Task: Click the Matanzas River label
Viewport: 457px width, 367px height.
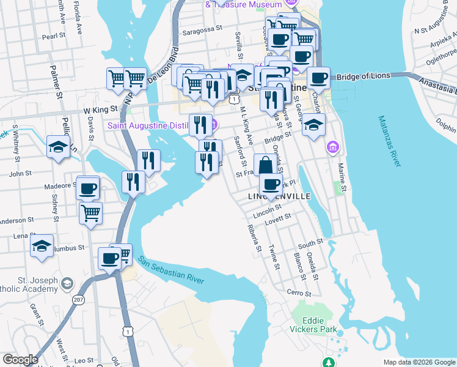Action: [389, 141]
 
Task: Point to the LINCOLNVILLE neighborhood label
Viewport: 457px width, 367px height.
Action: [280, 197]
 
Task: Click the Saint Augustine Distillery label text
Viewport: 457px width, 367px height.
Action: [157, 126]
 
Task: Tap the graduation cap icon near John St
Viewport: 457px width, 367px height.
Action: [58, 147]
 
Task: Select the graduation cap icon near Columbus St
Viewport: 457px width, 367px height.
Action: [42, 246]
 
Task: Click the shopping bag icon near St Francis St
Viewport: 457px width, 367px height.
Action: [265, 165]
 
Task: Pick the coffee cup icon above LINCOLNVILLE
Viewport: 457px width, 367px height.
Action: [271, 184]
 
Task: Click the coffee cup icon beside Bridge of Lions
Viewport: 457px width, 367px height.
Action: [318, 78]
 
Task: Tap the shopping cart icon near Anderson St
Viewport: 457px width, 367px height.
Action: [90, 213]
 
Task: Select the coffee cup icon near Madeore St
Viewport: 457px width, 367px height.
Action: [88, 188]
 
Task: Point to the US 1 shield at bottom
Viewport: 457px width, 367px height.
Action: [127, 331]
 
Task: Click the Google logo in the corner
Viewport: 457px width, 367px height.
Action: [20, 360]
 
